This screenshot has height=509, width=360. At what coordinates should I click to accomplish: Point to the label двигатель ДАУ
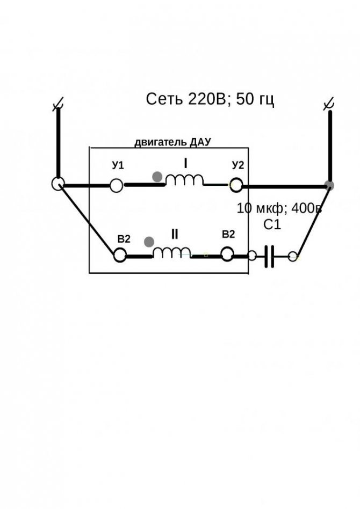pyautogui.click(x=173, y=142)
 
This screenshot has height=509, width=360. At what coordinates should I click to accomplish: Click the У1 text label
pyautogui.click(x=118, y=165)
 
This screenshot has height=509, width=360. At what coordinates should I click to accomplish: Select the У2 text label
pyautogui.click(x=238, y=165)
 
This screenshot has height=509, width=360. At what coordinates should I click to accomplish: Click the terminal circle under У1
pyautogui.click(x=116, y=186)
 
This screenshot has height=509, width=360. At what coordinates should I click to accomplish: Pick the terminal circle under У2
pyautogui.click(x=236, y=185)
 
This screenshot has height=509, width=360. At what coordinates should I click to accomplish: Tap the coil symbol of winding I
pyautogui.click(x=184, y=179)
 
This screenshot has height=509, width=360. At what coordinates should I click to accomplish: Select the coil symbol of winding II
pyautogui.click(x=172, y=252)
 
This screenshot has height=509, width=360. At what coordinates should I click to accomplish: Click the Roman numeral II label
pyautogui.click(x=175, y=234)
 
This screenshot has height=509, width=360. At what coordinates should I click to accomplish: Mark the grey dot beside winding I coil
pyautogui.click(x=157, y=177)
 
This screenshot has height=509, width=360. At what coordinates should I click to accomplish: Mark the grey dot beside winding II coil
pyautogui.click(x=149, y=242)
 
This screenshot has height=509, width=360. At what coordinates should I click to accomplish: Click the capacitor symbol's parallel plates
pyautogui.click(x=269, y=257)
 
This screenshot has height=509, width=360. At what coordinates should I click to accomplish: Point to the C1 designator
pyautogui.click(x=272, y=224)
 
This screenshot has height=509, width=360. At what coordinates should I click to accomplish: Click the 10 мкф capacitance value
pyautogui.click(x=261, y=208)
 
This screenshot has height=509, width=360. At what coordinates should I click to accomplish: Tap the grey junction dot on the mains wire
pyautogui.click(x=330, y=185)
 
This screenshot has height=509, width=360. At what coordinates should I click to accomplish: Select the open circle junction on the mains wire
pyautogui.click(x=58, y=184)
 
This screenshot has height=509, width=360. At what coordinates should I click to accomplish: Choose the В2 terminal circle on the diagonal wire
pyautogui.click(x=120, y=255)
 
